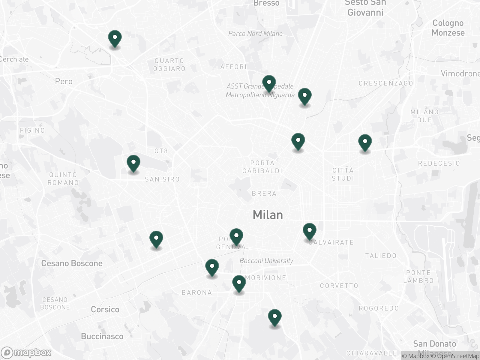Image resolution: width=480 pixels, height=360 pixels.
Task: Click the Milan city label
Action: tap(268, 215)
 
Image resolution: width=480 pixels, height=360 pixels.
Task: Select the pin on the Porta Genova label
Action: tap(236, 237)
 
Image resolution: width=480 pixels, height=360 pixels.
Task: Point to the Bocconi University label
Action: tap(266, 261)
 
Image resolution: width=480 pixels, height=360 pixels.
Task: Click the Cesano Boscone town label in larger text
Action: tap(72, 263)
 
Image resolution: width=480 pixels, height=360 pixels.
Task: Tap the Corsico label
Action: tap(105, 309)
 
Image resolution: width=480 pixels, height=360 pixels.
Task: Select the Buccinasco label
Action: tap(102, 336)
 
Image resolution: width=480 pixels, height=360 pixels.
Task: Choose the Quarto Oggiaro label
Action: tap(169, 65)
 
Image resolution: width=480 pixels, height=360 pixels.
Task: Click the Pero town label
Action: tap(64, 81)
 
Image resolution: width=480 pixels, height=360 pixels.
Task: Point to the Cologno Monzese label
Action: tap(448, 28)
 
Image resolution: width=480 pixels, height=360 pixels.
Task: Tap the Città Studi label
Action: tap(343, 174)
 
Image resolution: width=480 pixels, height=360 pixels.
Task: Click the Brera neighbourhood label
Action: tap(264, 193)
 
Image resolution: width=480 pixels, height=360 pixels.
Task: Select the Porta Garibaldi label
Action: tap(262, 167)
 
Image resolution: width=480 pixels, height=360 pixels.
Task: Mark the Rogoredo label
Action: tap(379, 308)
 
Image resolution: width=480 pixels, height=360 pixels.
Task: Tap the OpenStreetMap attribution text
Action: tap(458, 356)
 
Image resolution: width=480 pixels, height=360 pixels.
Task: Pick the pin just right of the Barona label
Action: tap(239, 284)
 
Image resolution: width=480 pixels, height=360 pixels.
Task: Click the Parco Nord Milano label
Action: tap(255, 34)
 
